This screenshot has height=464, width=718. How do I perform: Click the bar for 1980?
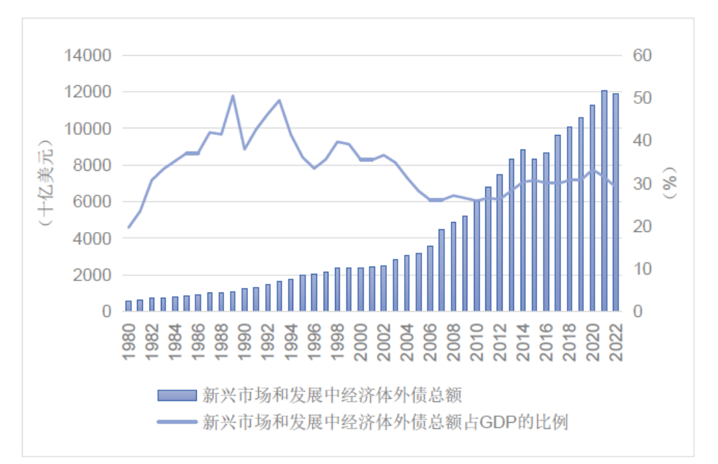[x=128, y=306]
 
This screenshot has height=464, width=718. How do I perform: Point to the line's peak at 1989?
[x=233, y=96]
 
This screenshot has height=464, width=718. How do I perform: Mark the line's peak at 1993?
[x=279, y=100]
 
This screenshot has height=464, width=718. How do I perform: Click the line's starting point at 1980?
[x=128, y=227]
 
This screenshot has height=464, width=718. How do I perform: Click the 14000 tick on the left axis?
[x=87, y=55]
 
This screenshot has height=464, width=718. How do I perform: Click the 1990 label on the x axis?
[x=245, y=342]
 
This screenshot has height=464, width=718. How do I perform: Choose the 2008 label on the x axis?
[x=453, y=342]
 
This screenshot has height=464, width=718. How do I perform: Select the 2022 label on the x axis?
[x=616, y=342]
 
